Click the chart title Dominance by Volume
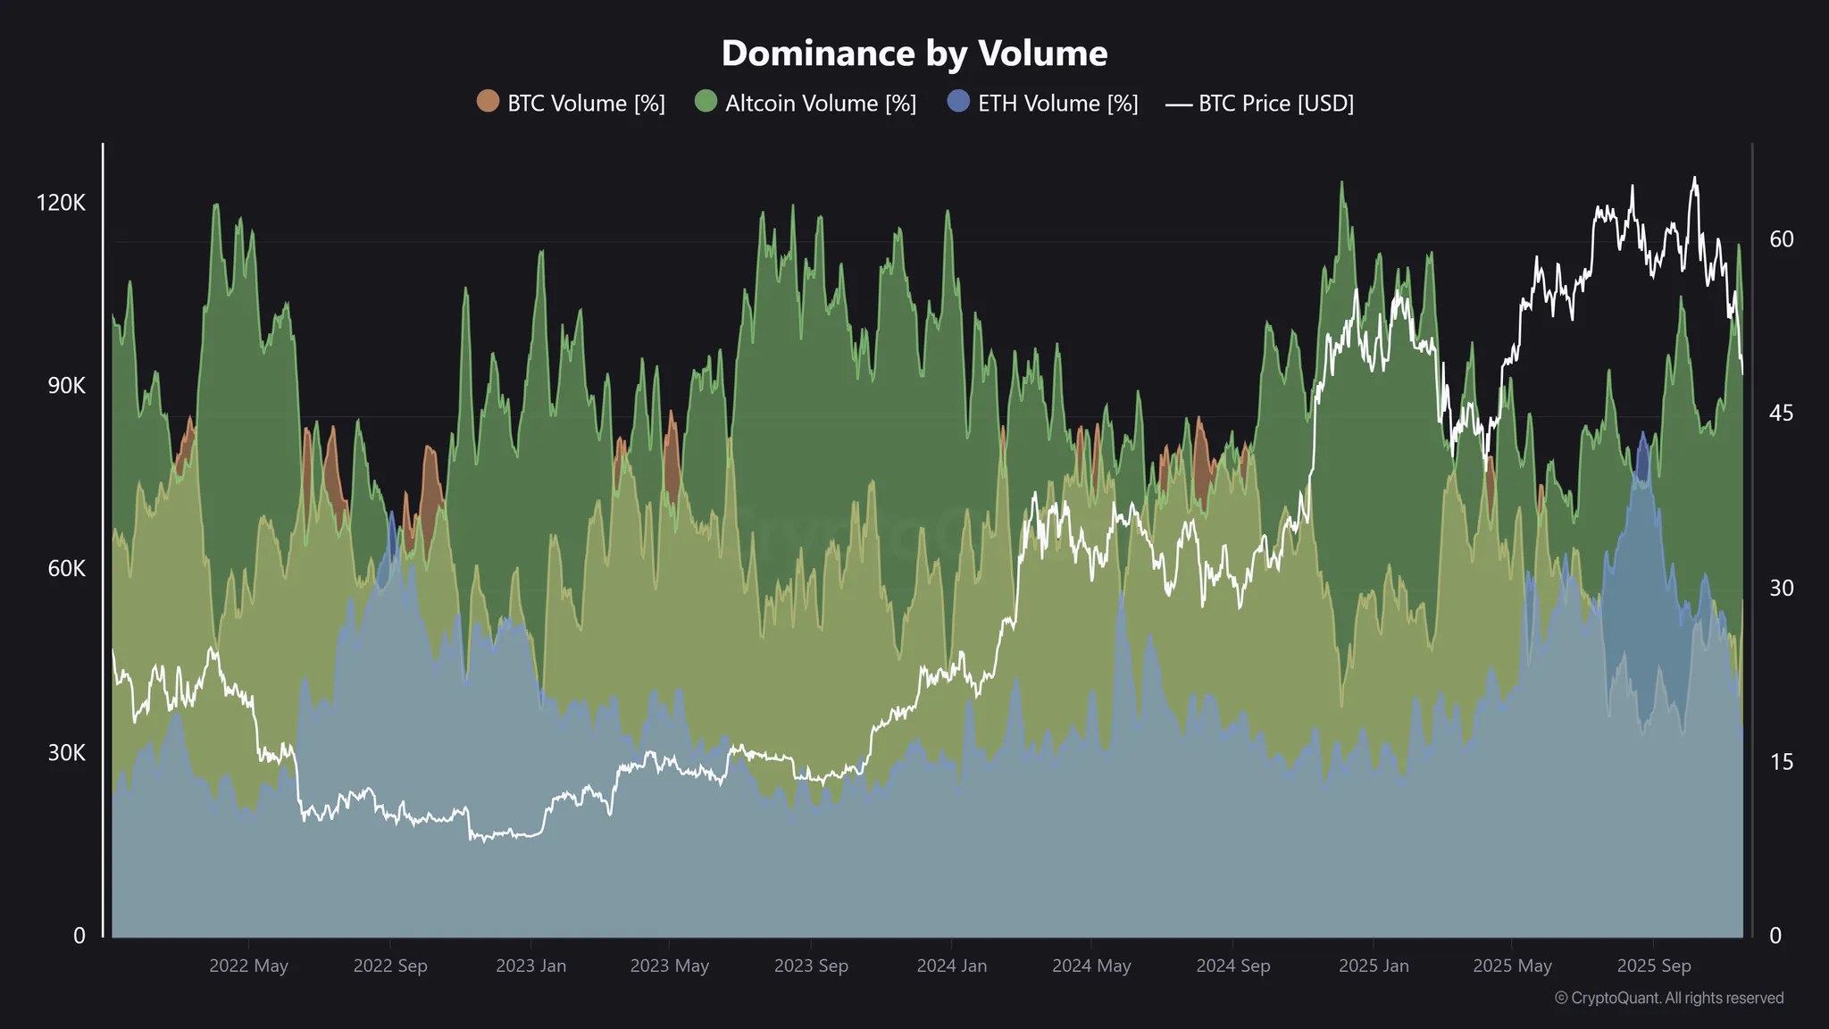pyautogui.click(x=914, y=54)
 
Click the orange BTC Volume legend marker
pyautogui.click(x=488, y=102)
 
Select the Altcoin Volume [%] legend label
pyautogui.click(x=820, y=104)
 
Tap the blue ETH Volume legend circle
pyautogui.click(x=958, y=102)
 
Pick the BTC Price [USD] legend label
pyautogui.click(x=1275, y=104)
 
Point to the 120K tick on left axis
pyautogui.click(x=61, y=203)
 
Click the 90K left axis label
pyautogui.click(x=66, y=386)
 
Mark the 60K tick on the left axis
pyautogui.click(x=66, y=569)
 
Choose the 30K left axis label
pyautogui.click(x=66, y=753)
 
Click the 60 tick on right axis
pyautogui.click(x=1781, y=239)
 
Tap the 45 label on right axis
pyautogui.click(x=1781, y=414)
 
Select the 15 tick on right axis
pyautogui.click(x=1781, y=762)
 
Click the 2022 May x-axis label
pyautogui.click(x=248, y=966)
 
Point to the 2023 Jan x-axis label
pyautogui.click(x=530, y=966)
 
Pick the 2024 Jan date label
pyautogui.click(x=951, y=966)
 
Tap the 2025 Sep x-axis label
pyautogui.click(x=1653, y=966)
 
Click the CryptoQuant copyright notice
pyautogui.click(x=1668, y=998)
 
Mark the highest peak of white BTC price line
pyautogui.click(x=1694, y=178)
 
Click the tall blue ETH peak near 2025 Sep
pyautogui.click(x=1643, y=435)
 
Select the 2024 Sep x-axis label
pyautogui.click(x=1232, y=966)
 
